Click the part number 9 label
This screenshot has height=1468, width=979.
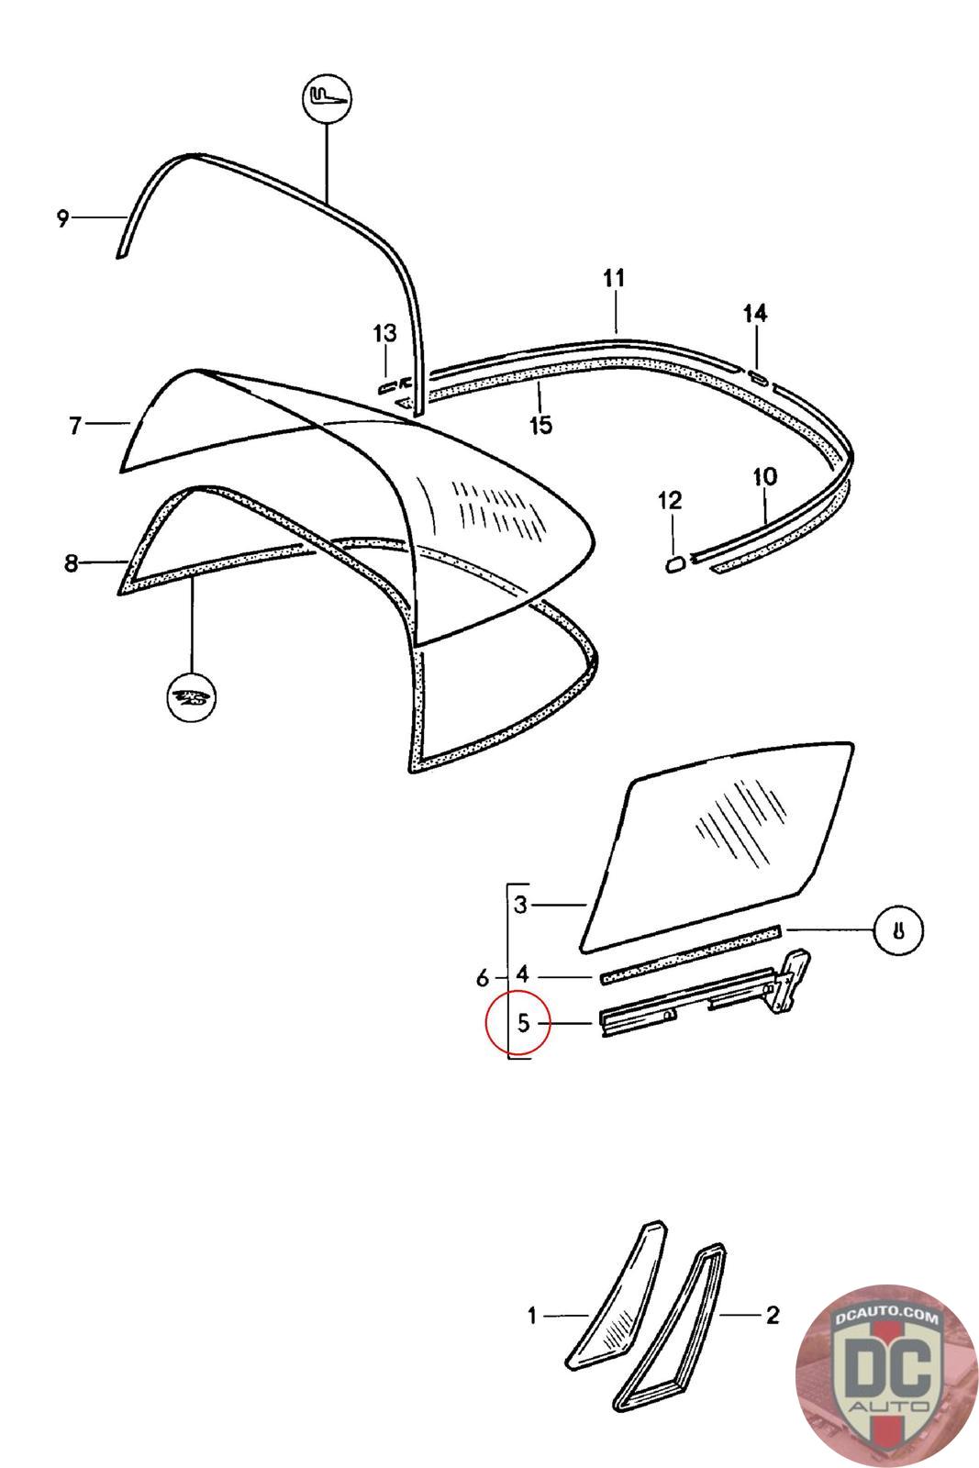tap(62, 218)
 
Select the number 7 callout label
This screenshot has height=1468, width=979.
tap(75, 425)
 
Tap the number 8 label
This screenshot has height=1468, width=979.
tap(72, 562)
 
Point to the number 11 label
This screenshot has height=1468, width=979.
tap(614, 277)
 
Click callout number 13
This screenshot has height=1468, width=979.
tap(385, 333)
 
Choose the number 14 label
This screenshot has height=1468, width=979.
tap(755, 314)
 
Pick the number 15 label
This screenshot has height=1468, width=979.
tap(541, 425)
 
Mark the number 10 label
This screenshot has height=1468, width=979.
tap(764, 477)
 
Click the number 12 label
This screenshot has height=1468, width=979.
tap(671, 500)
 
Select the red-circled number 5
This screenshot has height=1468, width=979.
tap(523, 1022)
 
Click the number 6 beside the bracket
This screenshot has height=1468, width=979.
tap(484, 979)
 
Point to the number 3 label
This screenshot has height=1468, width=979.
tap(521, 906)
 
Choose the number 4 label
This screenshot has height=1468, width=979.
tap(522, 973)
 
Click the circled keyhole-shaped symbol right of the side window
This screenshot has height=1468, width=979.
tap(898, 930)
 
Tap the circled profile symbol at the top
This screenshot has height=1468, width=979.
tap(328, 96)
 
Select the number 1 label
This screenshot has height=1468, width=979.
tap(532, 1316)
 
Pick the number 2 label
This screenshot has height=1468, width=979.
tap(773, 1316)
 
